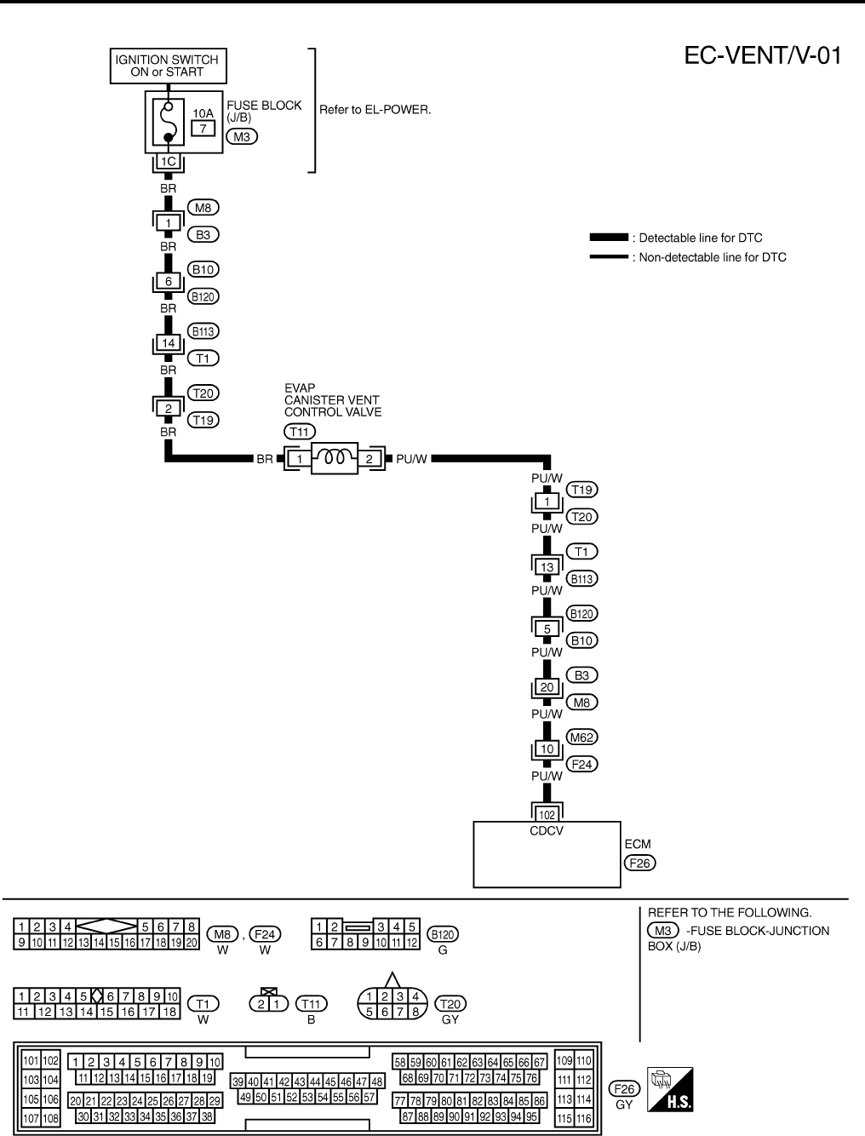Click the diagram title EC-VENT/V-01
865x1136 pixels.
pos(763,56)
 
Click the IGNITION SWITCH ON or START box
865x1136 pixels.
pos(167,66)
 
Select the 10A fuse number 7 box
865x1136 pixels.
pos(203,128)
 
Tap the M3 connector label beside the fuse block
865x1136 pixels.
pos(241,135)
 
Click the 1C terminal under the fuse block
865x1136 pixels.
pos(168,162)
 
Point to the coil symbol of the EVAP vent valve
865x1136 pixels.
pos(334,458)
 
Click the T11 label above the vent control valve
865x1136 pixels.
pos(300,433)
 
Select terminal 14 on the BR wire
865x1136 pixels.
pos(168,343)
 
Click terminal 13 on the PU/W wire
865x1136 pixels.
pos(547,566)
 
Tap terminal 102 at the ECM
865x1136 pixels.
pos(547,814)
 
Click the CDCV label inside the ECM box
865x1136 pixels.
pos(547,830)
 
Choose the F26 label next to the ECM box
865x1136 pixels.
pos(639,862)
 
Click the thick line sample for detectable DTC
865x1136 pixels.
pos(609,238)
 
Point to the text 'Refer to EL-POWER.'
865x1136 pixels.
pos(375,110)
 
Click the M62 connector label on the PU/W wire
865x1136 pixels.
pos(582,737)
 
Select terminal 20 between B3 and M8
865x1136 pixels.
pos(547,687)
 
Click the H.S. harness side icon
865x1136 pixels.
pos(670,1088)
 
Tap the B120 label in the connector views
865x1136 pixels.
pos(443,934)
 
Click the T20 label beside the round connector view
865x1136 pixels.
pos(450,1004)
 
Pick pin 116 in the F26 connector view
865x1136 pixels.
pos(583,1118)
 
